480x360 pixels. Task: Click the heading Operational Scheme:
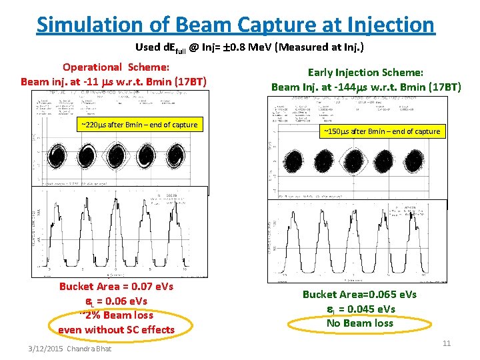click(115, 67)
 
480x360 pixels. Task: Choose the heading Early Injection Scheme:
click(365, 73)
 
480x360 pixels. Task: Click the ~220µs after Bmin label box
click(139, 125)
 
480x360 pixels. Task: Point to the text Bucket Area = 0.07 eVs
click(116, 287)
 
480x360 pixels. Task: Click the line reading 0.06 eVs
click(116, 301)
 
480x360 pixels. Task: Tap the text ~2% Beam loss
click(116, 315)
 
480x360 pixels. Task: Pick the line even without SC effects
click(116, 329)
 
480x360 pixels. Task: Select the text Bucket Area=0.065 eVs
click(359, 295)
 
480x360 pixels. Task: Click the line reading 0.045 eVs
click(359, 309)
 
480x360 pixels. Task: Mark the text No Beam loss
click(359, 323)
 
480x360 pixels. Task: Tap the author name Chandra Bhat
click(93, 349)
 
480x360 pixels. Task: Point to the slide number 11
click(447, 343)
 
